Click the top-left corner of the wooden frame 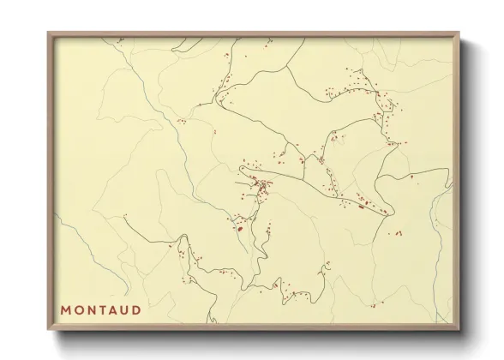click(x=49, y=33)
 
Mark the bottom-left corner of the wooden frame click(x=49, y=329)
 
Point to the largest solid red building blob click(x=241, y=228)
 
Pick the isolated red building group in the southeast click(x=395, y=232)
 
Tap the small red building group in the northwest click(x=181, y=122)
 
